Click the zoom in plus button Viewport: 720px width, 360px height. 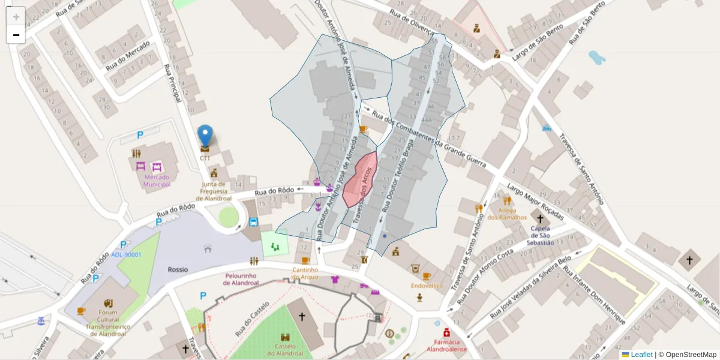point(16,16)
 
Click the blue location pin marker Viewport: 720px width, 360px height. point(205,136)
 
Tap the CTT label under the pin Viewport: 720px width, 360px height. point(205,158)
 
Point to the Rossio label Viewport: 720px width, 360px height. point(178,269)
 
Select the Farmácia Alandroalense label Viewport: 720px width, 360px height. point(446,345)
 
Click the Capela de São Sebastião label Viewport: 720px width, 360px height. point(540,235)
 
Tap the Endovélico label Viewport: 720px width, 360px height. point(427,286)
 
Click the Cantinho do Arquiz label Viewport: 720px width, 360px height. point(305,273)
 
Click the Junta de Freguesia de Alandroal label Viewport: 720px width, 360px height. point(214,191)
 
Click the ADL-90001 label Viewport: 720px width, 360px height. point(126,254)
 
